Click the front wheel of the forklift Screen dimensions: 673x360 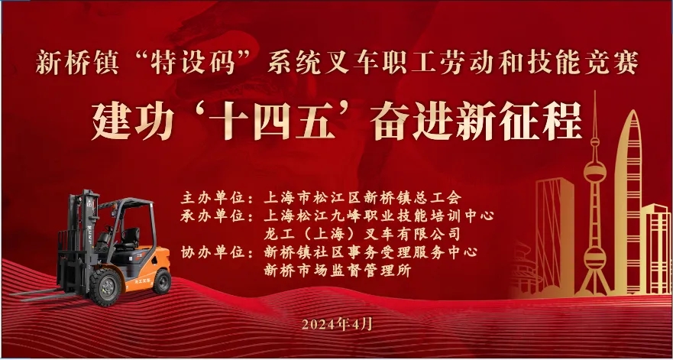(x=105, y=287)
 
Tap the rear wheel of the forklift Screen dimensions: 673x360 (x=162, y=281)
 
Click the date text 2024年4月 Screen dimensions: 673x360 (x=337, y=324)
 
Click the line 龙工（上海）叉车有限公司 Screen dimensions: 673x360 (x=362, y=234)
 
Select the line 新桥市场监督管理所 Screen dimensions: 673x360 (x=338, y=271)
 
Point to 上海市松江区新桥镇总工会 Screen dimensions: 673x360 (x=363, y=198)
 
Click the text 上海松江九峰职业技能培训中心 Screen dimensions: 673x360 (x=379, y=216)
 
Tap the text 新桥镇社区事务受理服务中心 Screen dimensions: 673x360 (x=370, y=251)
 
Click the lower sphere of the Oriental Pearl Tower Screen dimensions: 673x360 (x=595, y=258)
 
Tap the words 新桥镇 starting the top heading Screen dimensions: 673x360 (x=76, y=63)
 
